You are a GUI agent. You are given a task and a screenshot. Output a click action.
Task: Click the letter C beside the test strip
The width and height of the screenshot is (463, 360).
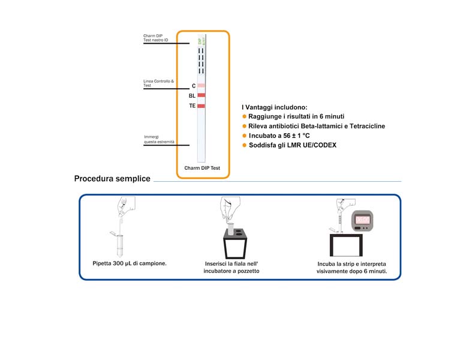click(x=193, y=86)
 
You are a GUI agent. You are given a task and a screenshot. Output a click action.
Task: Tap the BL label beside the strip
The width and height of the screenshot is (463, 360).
click(x=192, y=95)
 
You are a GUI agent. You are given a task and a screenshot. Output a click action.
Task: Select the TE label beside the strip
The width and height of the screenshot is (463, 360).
click(x=192, y=106)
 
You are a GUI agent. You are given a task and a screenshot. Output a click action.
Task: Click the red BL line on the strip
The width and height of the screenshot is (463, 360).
click(x=202, y=95)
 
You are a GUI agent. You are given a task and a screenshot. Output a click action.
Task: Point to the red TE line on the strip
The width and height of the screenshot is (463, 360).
click(x=202, y=106)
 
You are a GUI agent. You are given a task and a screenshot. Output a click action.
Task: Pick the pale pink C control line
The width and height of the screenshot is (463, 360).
click(x=202, y=86)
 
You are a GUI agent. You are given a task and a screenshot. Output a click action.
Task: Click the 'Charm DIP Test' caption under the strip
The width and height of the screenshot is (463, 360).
click(x=202, y=168)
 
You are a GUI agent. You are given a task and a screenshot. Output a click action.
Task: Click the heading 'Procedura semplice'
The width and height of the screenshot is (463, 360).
click(x=112, y=179)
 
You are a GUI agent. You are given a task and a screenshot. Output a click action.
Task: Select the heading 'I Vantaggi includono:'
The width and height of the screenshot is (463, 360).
click(x=274, y=107)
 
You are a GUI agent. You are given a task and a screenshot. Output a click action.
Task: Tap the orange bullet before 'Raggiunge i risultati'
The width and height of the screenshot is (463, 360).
click(x=244, y=116)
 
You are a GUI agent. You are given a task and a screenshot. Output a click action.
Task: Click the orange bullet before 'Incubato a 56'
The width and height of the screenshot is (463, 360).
click(x=244, y=136)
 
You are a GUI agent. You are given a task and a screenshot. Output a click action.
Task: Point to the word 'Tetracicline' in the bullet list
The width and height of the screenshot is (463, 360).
click(x=362, y=126)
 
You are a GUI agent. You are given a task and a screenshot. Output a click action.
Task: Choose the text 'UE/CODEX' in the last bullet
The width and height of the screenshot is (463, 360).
click(x=317, y=145)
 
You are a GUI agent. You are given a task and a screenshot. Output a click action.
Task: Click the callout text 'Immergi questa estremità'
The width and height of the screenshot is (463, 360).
click(x=159, y=140)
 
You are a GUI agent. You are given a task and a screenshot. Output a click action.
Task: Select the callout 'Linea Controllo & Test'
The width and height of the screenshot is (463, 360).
click(x=158, y=83)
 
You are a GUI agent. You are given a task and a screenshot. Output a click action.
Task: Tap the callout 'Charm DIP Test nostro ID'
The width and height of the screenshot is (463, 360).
click(x=156, y=38)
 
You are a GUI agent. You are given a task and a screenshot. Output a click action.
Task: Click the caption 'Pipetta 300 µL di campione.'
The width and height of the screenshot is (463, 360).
click(x=129, y=263)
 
